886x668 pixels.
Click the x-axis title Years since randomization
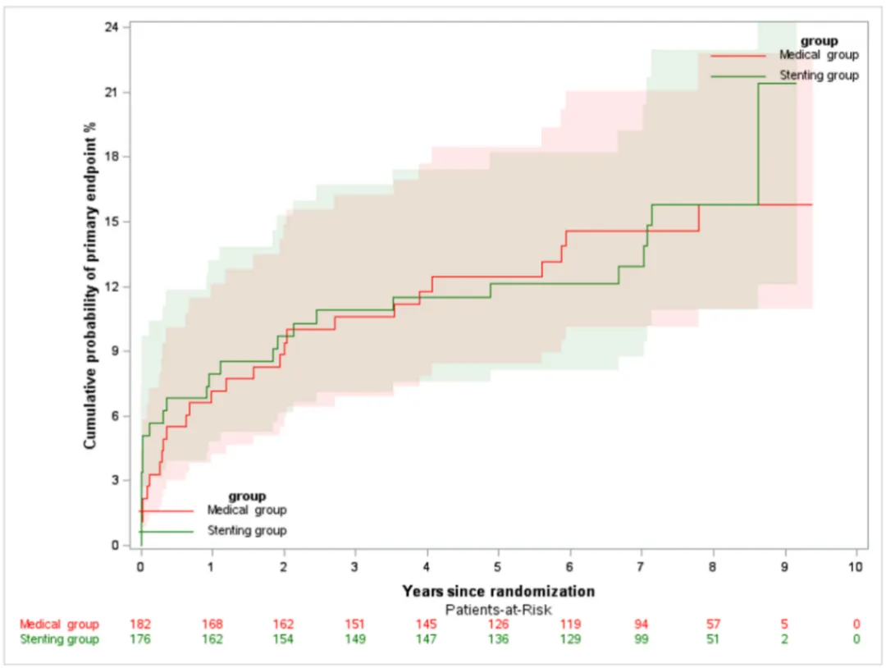coord(498,591)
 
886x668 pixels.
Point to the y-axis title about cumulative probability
coord(91,285)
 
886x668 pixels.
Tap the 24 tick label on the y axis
coord(112,27)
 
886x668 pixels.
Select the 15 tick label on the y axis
coord(112,222)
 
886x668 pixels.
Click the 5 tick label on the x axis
coord(498,567)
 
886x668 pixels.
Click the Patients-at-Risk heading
coord(498,609)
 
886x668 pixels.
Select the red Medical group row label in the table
coord(59,625)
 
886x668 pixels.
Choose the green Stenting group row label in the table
coord(59,639)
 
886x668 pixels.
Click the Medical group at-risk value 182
coord(141,625)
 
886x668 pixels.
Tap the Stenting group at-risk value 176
coord(141,639)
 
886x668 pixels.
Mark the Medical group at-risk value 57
coord(712,625)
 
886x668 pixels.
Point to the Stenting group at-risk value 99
coord(641,639)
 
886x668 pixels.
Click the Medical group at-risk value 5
coord(784,625)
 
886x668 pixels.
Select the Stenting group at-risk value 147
coord(427,639)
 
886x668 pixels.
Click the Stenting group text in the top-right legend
coord(818,75)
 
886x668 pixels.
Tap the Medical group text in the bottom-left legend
coord(246,510)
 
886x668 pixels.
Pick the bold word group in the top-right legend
coord(818,40)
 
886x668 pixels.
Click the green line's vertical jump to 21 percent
coord(758,144)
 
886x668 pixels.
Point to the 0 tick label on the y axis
coord(116,545)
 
